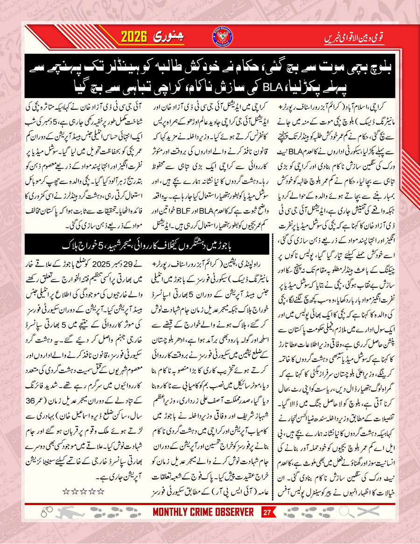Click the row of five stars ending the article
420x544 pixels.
(x=82, y=491)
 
